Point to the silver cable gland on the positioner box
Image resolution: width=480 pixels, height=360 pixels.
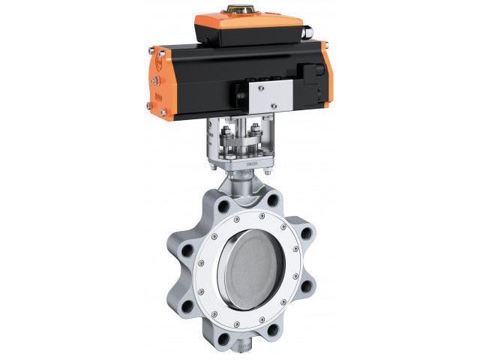point(306,34)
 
